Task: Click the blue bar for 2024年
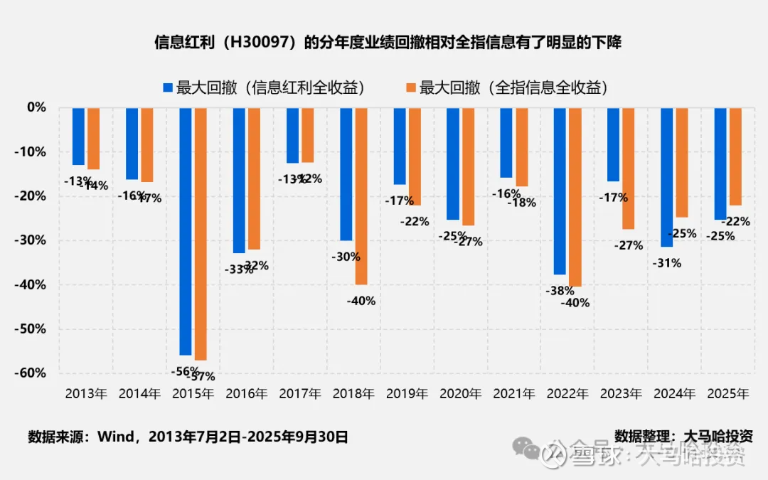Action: tap(666, 177)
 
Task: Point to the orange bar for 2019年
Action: tap(415, 156)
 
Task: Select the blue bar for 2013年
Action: tap(78, 136)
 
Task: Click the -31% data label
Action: tap(666, 263)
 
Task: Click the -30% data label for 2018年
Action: tap(346, 257)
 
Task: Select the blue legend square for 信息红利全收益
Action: tap(168, 87)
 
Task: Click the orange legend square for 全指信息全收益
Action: tap(410, 87)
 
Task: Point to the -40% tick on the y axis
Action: tap(33, 284)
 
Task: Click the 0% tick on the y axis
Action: tap(37, 107)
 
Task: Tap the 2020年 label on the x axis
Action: tap(460, 393)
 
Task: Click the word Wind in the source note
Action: tap(115, 437)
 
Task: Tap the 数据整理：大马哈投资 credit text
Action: tap(683, 436)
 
